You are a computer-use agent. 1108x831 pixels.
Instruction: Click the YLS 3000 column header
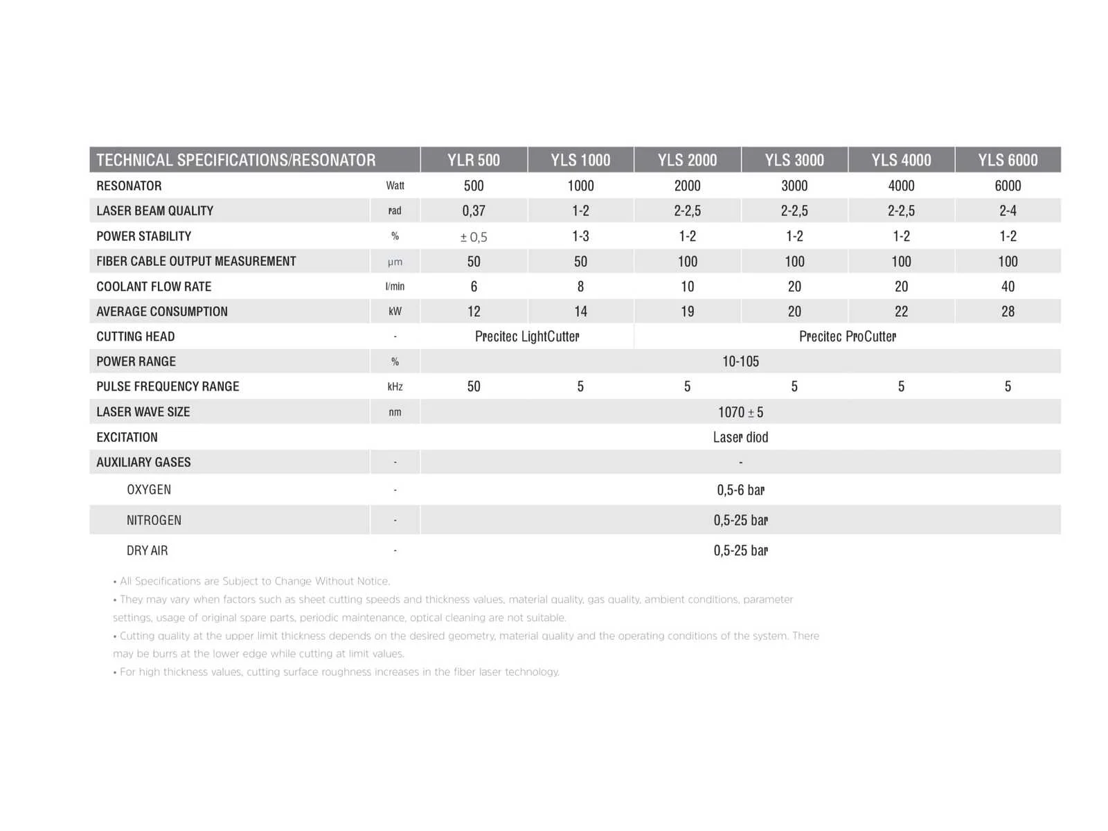tap(794, 160)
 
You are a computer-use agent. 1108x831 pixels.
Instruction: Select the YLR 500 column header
tap(474, 160)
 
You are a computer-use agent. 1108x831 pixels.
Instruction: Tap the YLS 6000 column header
tap(1008, 160)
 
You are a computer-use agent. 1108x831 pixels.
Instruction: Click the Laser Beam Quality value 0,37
tap(474, 211)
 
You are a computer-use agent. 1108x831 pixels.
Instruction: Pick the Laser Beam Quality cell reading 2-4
tap(1008, 211)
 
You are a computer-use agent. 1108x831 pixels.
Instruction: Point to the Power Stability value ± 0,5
tap(474, 237)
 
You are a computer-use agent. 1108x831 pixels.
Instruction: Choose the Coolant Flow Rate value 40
tap(1008, 287)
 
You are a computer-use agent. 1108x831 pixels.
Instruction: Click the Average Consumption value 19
tap(687, 312)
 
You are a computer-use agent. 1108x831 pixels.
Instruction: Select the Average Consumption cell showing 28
tap(1008, 312)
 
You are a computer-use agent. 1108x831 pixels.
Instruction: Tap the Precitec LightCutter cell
tap(527, 337)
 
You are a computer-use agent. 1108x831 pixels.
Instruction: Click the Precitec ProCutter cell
tap(848, 337)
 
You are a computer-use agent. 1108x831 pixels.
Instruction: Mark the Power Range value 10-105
tap(740, 361)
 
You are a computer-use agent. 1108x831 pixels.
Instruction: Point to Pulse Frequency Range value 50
tap(474, 386)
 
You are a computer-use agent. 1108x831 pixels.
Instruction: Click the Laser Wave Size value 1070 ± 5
tap(740, 413)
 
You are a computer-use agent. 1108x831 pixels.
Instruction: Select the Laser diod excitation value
tap(740, 438)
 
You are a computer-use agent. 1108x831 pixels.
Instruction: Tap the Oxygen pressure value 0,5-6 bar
tap(740, 490)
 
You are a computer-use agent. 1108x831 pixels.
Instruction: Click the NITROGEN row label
tap(154, 521)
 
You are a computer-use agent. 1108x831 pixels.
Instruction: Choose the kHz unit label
tap(395, 387)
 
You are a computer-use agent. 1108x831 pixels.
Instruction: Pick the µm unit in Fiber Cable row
tap(395, 262)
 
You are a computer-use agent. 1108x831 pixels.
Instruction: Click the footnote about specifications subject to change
tap(255, 581)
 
